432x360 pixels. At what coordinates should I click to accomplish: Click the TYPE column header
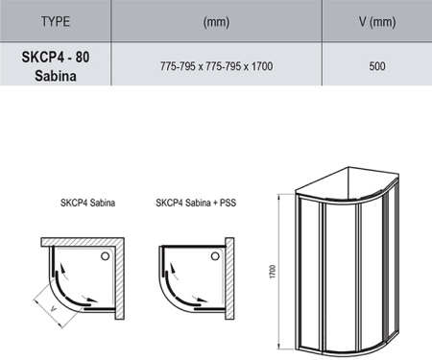point(56,21)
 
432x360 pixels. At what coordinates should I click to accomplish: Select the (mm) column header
point(216,22)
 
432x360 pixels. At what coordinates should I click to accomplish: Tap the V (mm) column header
point(377,22)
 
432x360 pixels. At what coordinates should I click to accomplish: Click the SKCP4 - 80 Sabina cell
point(56,66)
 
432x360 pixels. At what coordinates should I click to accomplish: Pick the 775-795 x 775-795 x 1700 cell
point(216,66)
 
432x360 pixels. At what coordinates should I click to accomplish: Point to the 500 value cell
point(377,66)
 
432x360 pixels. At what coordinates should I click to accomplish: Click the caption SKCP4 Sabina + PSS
point(196,203)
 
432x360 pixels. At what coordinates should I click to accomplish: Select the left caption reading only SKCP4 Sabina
point(87,203)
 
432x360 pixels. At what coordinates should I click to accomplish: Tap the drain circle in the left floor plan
point(105,256)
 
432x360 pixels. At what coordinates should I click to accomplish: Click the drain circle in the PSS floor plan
point(215,256)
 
